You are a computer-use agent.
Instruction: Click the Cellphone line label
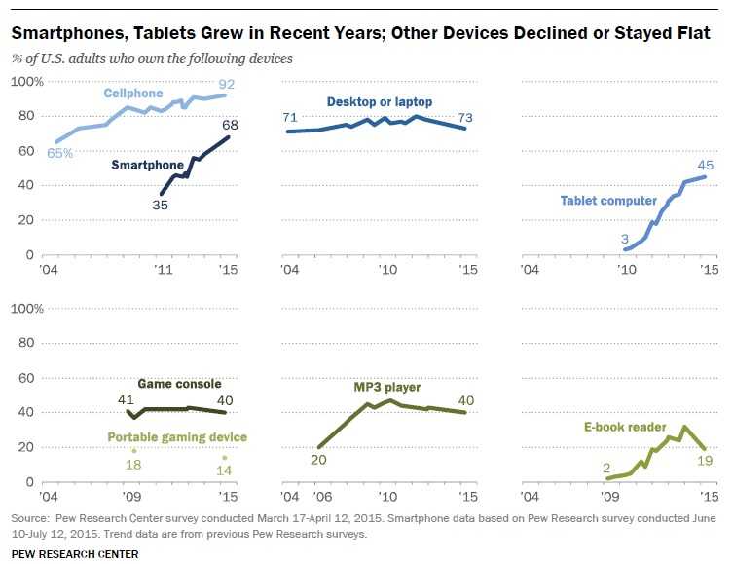(x=135, y=93)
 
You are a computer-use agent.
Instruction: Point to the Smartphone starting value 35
(x=160, y=206)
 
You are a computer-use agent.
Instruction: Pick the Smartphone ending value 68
(x=230, y=125)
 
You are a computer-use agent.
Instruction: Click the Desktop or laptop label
(x=380, y=101)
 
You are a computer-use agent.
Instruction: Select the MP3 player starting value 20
(x=317, y=461)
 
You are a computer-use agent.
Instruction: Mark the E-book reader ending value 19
(x=706, y=462)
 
